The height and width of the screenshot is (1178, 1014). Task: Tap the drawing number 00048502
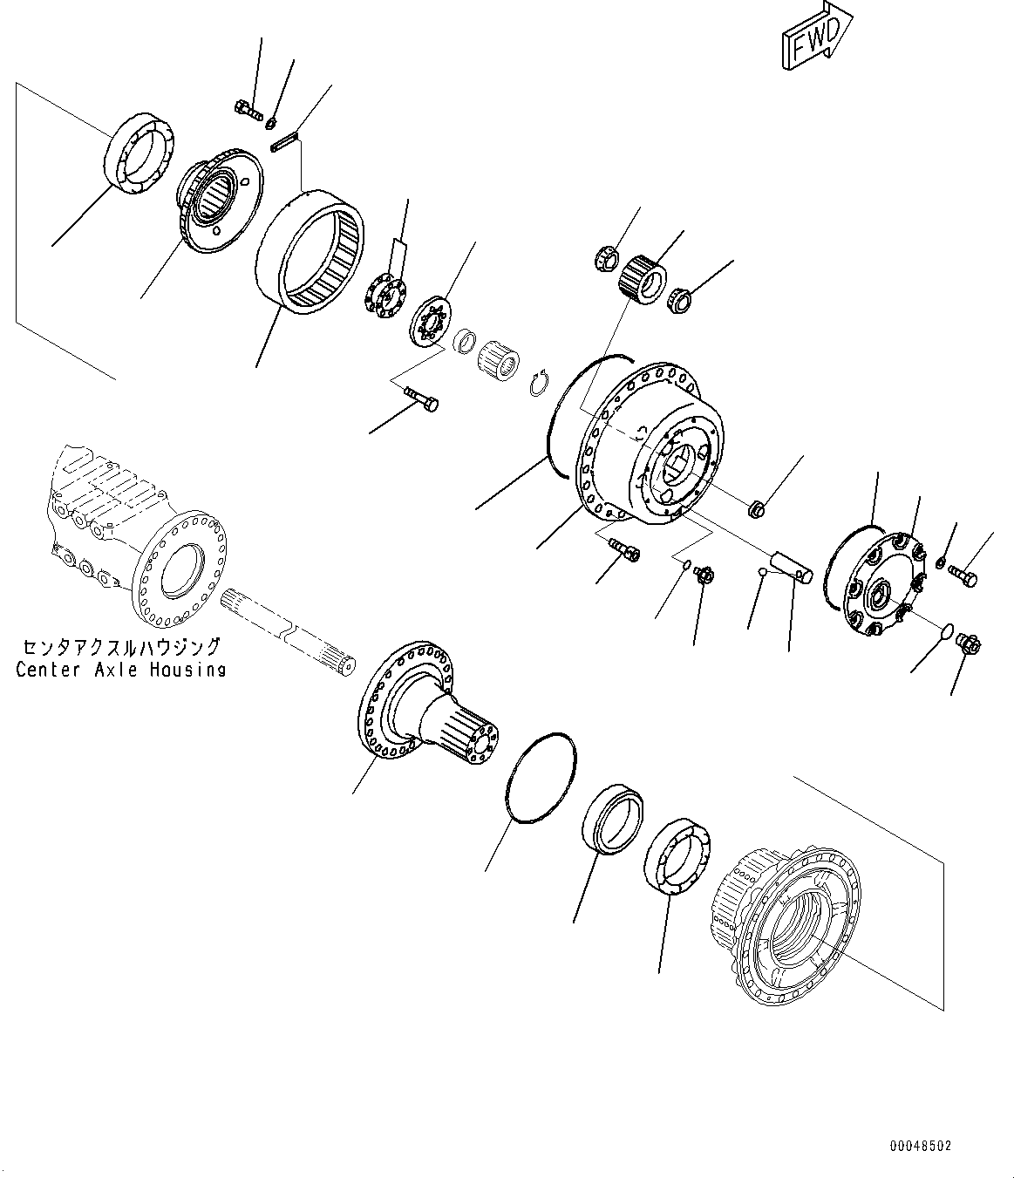coord(921,1144)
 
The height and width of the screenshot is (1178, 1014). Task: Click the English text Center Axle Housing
coord(121,670)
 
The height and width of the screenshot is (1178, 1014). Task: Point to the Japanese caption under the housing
coord(121,647)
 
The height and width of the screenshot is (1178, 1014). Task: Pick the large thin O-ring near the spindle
coord(541,776)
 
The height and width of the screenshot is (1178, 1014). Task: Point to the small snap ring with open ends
coord(541,384)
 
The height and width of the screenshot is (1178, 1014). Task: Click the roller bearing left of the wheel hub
coord(677,856)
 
